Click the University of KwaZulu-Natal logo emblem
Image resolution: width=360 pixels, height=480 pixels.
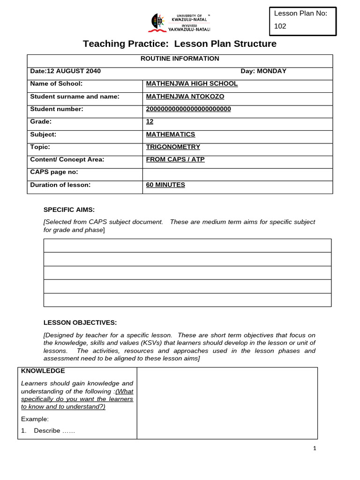[157, 22]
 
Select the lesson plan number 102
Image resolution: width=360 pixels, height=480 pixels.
[280, 27]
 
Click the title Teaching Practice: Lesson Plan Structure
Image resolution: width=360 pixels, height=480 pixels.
[180, 44]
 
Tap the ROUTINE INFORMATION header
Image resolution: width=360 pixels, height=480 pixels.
[180, 59]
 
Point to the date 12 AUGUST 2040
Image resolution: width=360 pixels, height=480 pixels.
[65, 71]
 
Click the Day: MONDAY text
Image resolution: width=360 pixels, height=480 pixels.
[263, 71]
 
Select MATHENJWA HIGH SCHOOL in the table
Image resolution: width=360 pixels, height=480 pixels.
[192, 84]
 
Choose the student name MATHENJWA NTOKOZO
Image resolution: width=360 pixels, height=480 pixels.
[185, 97]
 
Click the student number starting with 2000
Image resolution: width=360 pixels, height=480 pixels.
[188, 109]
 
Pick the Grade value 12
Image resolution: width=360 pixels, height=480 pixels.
[150, 122]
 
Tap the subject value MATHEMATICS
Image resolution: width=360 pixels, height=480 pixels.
[171, 135]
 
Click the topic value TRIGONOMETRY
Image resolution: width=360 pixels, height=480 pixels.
[173, 147]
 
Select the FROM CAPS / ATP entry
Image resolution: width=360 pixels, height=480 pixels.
[175, 160]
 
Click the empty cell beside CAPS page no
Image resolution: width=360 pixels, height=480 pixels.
[237, 172]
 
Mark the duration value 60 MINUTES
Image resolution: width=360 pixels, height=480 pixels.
[165, 185]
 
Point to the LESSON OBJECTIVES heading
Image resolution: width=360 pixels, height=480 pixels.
[80, 322]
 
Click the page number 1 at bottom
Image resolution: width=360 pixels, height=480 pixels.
[315, 449]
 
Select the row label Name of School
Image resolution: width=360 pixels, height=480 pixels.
[56, 84]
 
